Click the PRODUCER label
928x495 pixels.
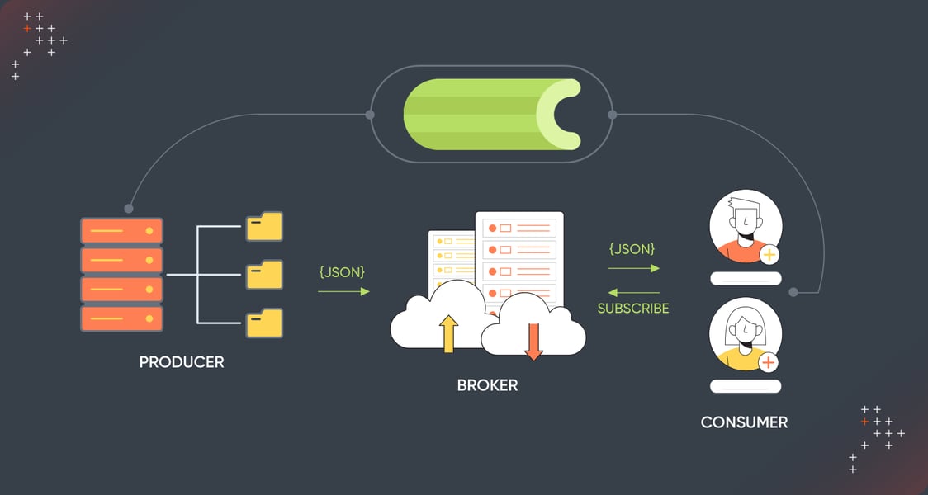pos(181,362)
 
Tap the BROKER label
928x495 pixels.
pos(487,385)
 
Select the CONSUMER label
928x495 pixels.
pos(744,422)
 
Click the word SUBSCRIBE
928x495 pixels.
pos(633,309)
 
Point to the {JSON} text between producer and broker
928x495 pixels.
pos(342,271)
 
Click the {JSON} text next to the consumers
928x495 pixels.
pos(632,248)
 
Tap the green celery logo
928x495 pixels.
pos(491,115)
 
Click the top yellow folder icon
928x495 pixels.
pos(264,226)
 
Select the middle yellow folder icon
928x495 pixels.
pos(264,274)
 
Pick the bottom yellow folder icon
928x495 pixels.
pos(264,323)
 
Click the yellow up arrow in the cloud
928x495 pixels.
pos(448,333)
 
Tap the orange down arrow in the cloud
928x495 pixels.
pos(533,341)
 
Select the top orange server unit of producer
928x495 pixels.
pos(121,230)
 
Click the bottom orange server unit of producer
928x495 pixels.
pos(121,318)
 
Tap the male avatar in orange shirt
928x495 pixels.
pos(746,226)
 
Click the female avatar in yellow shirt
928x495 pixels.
pos(746,334)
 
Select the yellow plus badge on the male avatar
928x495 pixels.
pos(769,255)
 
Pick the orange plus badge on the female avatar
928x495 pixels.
pos(769,362)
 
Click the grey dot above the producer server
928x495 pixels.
pos(128,208)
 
